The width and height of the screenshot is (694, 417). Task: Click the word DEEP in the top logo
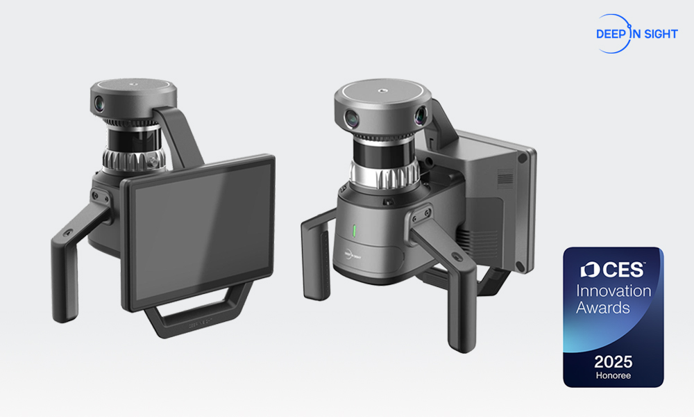coord(610,34)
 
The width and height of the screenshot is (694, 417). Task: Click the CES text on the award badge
coord(623,270)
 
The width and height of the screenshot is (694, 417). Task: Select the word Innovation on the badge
coord(613,291)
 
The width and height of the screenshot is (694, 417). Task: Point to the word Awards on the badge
coord(603,308)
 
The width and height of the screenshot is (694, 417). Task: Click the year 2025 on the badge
coord(613,362)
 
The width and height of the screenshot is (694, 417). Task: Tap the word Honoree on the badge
coord(613,375)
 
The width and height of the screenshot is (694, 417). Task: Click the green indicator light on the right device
coord(354,231)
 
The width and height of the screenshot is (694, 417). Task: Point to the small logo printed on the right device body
coord(353,255)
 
